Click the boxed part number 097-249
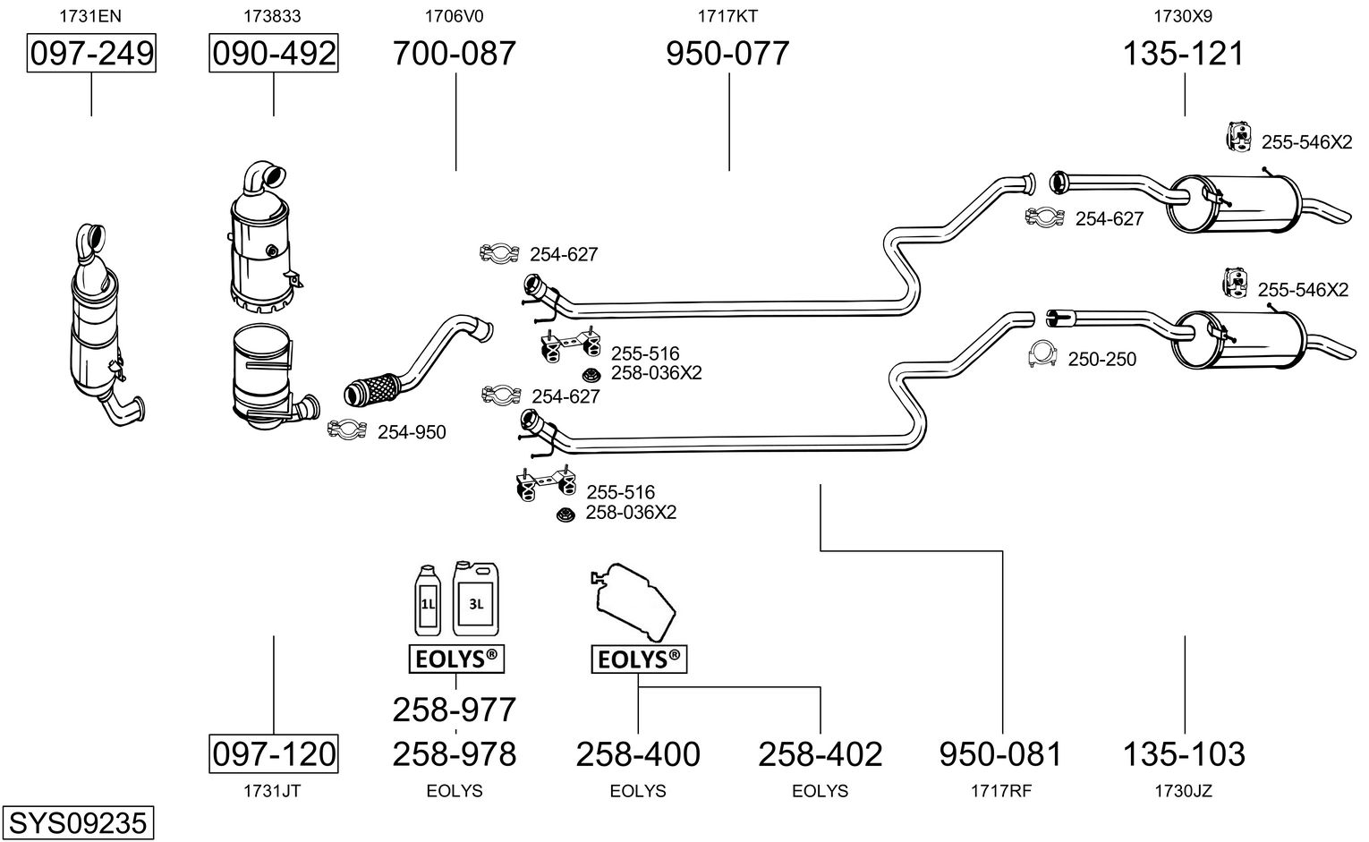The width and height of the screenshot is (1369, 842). pos(91,54)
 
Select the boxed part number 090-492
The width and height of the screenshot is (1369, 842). pos(274,54)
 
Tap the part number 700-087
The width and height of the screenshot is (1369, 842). pos(455,54)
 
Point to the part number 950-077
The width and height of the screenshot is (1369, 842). pos(728,54)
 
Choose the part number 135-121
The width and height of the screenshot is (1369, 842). pos(1184,54)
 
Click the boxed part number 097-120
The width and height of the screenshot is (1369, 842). pos(274,753)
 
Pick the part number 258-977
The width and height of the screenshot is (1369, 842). pos(455,710)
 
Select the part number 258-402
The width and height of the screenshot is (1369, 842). pos(821,753)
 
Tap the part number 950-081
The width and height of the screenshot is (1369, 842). pos(1001,753)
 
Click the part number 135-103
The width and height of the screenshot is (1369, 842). pos(1184,753)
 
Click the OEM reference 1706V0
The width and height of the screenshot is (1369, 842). pos(455,15)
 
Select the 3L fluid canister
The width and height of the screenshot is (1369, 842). pos(475,600)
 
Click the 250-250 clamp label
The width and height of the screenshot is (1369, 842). pos(1101,359)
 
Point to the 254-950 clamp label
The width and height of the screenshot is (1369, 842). pos(412,432)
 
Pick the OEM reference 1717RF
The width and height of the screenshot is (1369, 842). pos(1001,791)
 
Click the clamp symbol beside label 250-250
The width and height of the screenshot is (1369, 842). pos(1043,355)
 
